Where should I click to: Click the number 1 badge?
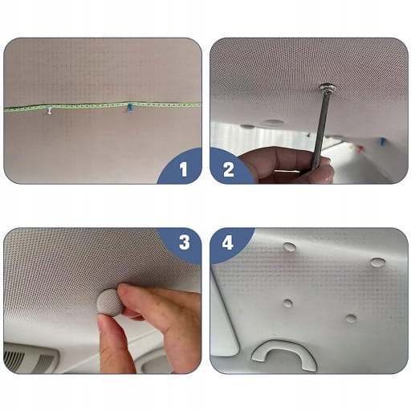coord(183,169)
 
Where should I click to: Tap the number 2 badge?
coord(228,169)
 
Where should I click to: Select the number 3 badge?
coord(184,242)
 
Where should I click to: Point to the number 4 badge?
coord(227,243)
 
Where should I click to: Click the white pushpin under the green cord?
coord(49,111)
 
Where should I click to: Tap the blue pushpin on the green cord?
coord(130,108)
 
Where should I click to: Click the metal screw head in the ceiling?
coord(328,87)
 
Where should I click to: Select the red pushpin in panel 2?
coord(360,149)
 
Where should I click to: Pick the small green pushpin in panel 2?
coord(309,134)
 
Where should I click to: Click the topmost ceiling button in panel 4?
coord(290,247)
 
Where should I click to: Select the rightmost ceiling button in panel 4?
coord(378,262)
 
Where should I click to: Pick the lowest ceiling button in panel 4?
coord(351,319)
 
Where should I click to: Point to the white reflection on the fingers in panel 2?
coord(287,170)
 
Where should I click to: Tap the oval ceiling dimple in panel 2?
coord(273,122)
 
